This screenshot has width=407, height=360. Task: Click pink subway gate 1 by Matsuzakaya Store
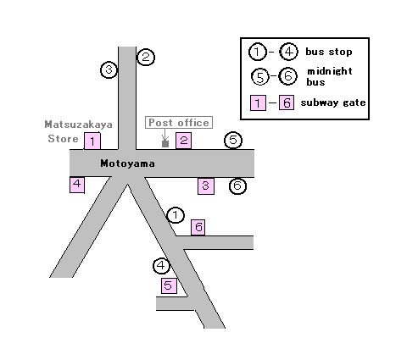[x=92, y=141]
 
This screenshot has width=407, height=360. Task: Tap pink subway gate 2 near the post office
[x=184, y=141]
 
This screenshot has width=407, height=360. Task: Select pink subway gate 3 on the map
[x=206, y=186]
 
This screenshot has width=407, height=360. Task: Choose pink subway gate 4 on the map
[x=77, y=185]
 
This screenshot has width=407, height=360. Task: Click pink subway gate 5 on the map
[x=169, y=285]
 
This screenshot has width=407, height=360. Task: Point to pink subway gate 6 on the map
[x=198, y=227]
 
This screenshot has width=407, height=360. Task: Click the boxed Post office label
[x=179, y=123]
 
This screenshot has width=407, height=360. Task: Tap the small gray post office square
[x=165, y=143]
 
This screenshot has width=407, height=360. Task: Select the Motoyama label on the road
[x=128, y=163]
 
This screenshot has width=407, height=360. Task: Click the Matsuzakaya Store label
[x=78, y=131]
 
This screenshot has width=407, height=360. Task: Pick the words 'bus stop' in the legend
[x=329, y=52]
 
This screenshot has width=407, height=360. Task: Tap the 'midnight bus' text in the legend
[x=330, y=76]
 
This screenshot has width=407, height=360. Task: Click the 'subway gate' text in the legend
[x=333, y=102]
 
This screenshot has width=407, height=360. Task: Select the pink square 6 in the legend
[x=287, y=102]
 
